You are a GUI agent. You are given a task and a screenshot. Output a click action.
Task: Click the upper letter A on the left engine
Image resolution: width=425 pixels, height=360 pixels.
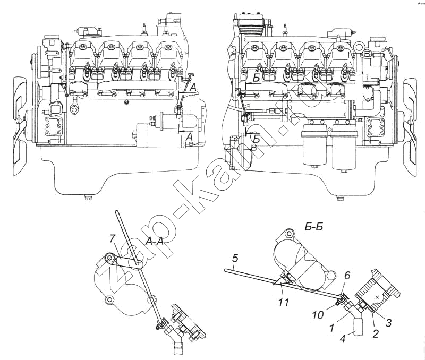click(x=193, y=87)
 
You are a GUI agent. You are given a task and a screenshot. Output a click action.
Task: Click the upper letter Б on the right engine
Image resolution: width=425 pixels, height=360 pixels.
click(x=256, y=78)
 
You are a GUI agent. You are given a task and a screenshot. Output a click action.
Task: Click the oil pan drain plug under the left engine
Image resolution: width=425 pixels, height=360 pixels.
click(x=89, y=200)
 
